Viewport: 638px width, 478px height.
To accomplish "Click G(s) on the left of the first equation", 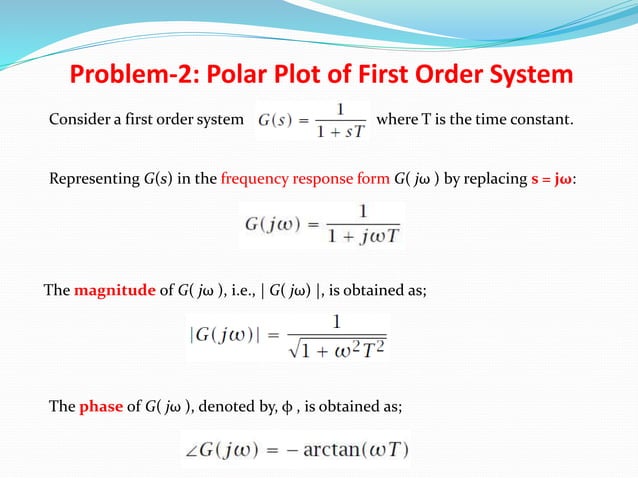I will [277, 122].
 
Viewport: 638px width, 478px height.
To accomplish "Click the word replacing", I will [493, 180].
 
